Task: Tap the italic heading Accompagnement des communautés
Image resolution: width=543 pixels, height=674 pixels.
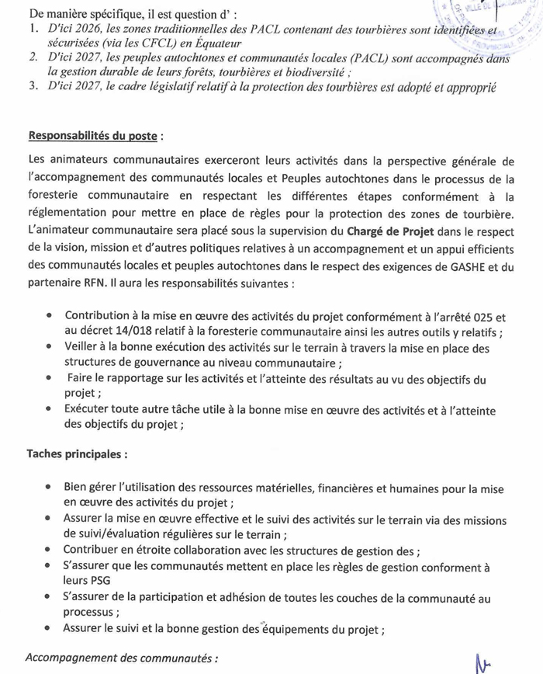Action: pos(122,658)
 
